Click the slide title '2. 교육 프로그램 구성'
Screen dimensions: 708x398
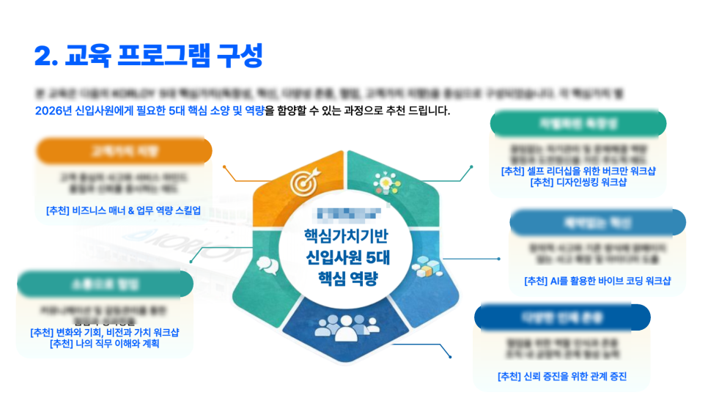(x=148, y=55)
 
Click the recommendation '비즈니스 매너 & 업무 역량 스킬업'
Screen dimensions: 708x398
(x=123, y=211)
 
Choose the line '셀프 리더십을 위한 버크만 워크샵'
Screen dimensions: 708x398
(x=578, y=172)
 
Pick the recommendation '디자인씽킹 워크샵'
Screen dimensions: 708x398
(x=578, y=183)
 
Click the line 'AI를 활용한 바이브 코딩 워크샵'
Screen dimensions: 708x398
(x=597, y=281)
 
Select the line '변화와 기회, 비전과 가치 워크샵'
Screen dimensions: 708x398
(x=106, y=332)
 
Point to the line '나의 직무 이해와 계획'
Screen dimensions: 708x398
(x=106, y=343)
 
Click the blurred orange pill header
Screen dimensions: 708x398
(x=124, y=151)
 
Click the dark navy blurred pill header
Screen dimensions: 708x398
(x=562, y=317)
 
